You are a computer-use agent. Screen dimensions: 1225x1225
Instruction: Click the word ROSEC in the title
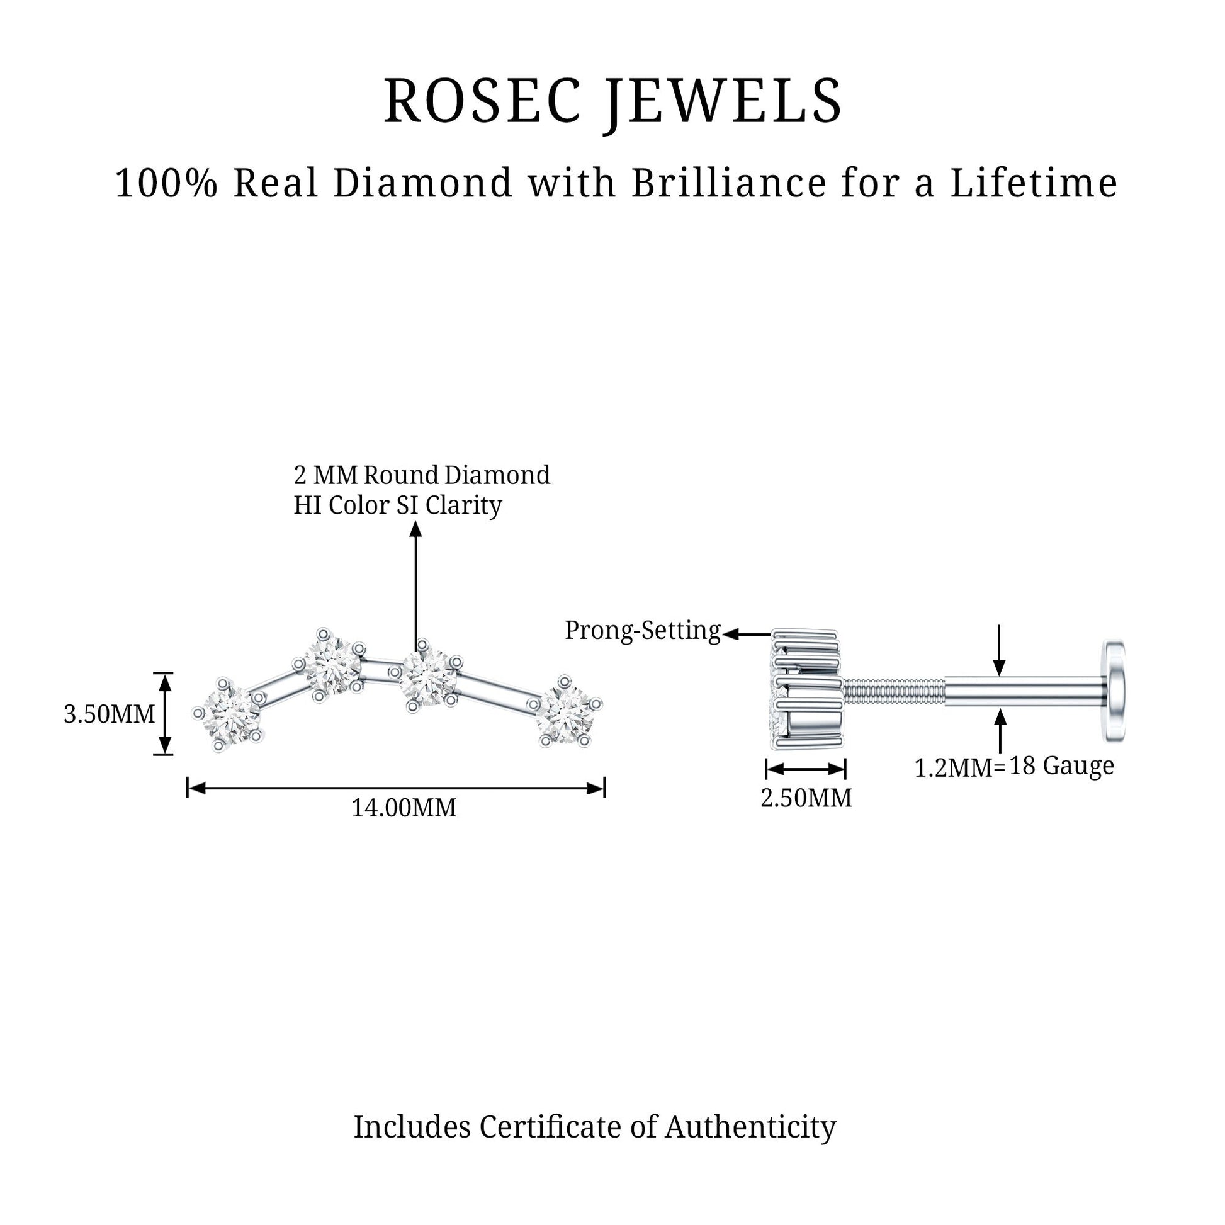click(x=482, y=101)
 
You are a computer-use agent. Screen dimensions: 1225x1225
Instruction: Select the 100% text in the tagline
click(x=166, y=183)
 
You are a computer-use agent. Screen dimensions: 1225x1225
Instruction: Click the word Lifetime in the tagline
click(x=1033, y=183)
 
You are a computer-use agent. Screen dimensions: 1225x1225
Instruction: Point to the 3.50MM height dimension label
click(x=109, y=714)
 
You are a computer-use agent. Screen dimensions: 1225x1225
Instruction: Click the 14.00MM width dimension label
click(x=404, y=808)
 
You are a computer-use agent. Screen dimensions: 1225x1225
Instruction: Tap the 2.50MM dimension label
click(x=806, y=798)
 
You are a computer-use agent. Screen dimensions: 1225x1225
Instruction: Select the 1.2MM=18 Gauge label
click(x=1014, y=767)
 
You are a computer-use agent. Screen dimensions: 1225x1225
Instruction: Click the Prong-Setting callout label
click(x=643, y=630)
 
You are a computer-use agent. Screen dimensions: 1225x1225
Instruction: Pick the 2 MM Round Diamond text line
click(x=422, y=475)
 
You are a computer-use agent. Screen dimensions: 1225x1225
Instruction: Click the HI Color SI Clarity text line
click(x=398, y=505)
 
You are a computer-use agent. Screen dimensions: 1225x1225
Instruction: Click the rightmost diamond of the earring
click(x=566, y=712)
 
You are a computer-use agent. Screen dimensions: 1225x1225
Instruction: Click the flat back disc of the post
click(x=1115, y=691)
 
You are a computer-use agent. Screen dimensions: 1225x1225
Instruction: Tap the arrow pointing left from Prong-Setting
click(x=747, y=634)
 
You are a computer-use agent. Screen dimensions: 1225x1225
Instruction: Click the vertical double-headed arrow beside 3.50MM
click(x=164, y=713)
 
